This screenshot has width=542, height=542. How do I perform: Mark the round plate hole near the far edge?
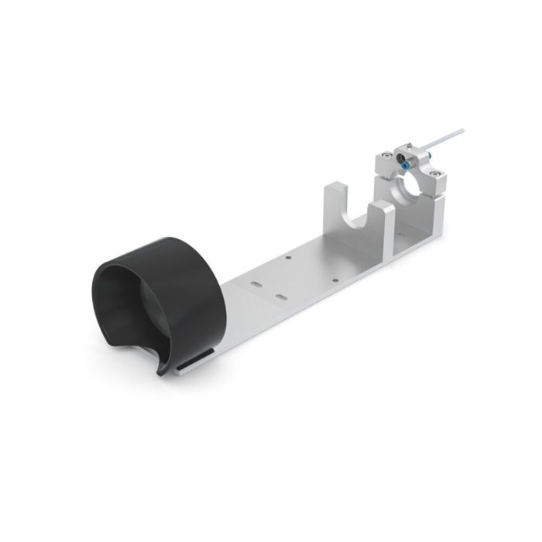(287, 257)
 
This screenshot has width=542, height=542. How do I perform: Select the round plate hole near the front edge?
(335, 282)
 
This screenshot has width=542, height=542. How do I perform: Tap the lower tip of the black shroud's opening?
(162, 372)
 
